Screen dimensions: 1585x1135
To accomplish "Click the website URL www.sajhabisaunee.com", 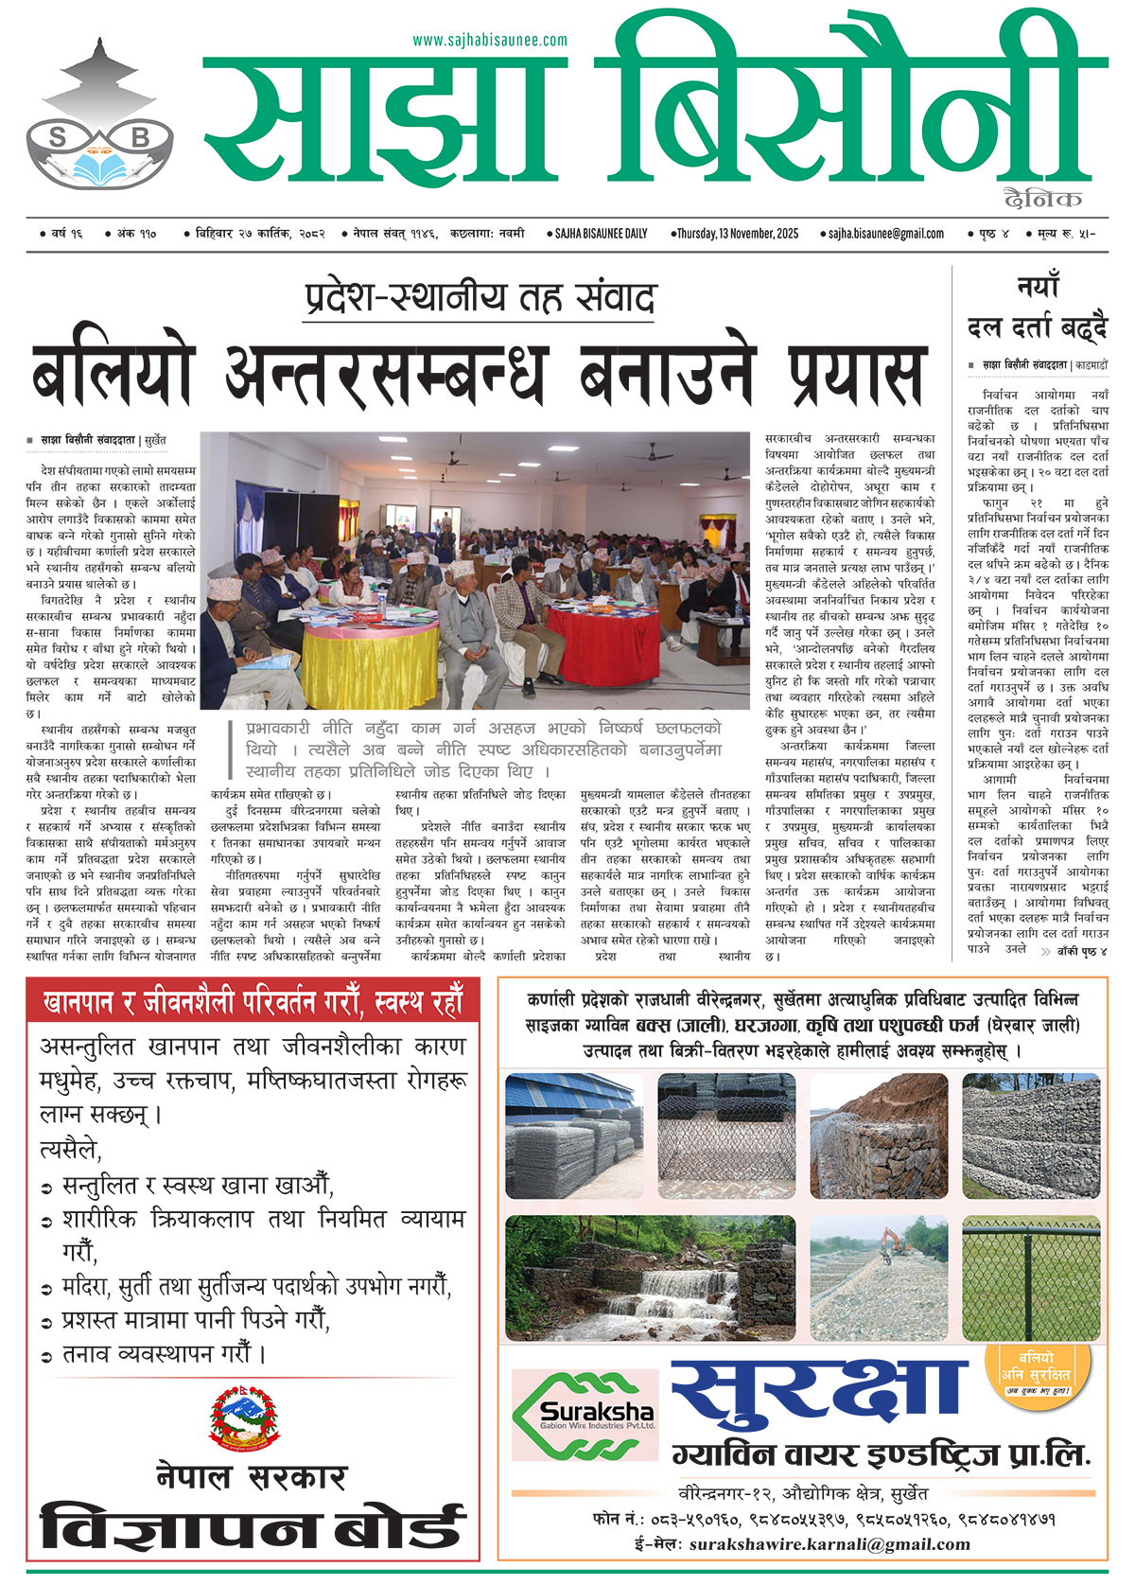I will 490,41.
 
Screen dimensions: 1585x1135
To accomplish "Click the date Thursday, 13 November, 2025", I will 735,233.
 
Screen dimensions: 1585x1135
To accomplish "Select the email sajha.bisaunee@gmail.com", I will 886,233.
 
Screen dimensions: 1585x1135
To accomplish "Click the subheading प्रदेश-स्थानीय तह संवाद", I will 480,297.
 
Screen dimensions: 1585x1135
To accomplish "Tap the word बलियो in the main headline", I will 113,373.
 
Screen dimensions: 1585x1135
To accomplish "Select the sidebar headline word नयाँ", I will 1038,286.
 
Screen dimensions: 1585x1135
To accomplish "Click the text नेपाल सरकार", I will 252,1476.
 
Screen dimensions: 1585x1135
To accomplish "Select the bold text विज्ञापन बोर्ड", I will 252,1527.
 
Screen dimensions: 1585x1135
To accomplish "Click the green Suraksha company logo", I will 585,1416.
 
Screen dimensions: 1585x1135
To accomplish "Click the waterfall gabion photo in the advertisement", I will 648,1279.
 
